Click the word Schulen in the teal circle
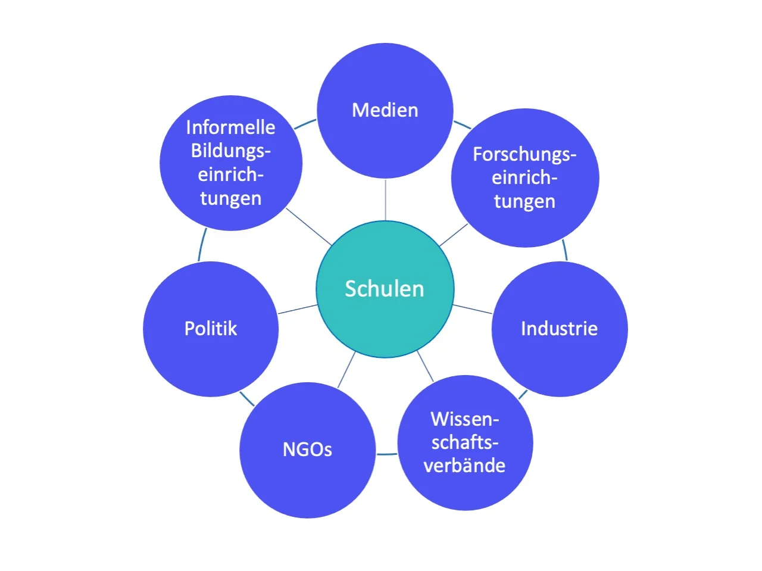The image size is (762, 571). point(385,289)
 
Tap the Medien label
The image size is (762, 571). point(385,110)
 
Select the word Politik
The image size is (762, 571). point(211,329)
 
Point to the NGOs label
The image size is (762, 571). point(307,449)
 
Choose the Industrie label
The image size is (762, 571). point(559,329)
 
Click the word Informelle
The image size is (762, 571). point(230,127)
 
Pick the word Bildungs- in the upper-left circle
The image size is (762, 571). point(230,151)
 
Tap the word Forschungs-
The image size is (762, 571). point(524,154)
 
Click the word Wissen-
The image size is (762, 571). point(464,419)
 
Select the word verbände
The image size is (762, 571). point(464,465)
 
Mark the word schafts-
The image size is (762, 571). point(464,442)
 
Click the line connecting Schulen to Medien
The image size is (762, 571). point(385,199)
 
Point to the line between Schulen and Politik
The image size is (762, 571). point(298,309)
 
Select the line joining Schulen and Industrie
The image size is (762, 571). point(473,309)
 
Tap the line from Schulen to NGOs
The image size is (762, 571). point(346,370)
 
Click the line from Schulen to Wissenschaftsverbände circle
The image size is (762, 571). point(425,366)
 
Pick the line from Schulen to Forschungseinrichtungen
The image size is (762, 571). point(454,235)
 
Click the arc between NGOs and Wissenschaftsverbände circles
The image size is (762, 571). point(387,454)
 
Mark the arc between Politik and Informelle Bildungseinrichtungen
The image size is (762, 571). point(202,245)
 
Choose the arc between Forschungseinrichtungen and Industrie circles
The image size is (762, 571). point(565,250)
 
